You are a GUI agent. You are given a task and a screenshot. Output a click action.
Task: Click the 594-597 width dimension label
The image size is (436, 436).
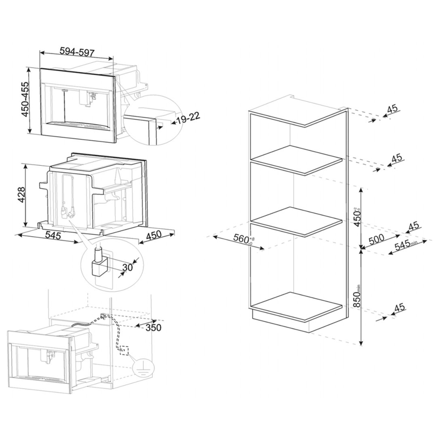click(x=77, y=52)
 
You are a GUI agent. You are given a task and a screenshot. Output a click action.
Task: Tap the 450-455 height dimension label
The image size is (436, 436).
click(x=25, y=99)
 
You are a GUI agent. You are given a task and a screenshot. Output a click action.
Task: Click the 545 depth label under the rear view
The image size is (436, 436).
click(x=53, y=236)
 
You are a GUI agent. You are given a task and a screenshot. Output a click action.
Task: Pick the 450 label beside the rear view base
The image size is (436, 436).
click(x=153, y=235)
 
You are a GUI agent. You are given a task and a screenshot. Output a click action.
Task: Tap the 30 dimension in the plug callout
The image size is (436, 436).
click(x=128, y=267)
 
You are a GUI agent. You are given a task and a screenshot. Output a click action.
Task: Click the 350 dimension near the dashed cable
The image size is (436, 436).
click(x=153, y=328)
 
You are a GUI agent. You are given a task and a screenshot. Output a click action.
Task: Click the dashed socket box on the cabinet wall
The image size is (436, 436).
click(x=123, y=350)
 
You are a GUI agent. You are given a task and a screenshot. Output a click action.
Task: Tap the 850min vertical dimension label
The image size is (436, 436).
click(x=357, y=296)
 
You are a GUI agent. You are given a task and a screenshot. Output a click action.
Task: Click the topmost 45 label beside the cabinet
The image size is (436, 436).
click(x=393, y=108)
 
